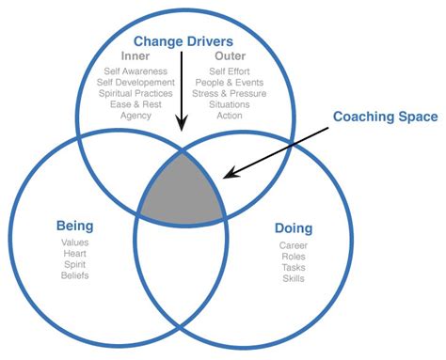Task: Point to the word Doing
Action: click(x=293, y=228)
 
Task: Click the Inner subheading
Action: click(x=136, y=55)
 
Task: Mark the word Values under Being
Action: click(x=74, y=243)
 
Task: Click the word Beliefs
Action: click(x=74, y=275)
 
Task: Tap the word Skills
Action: click(x=293, y=279)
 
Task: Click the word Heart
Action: click(x=74, y=254)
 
